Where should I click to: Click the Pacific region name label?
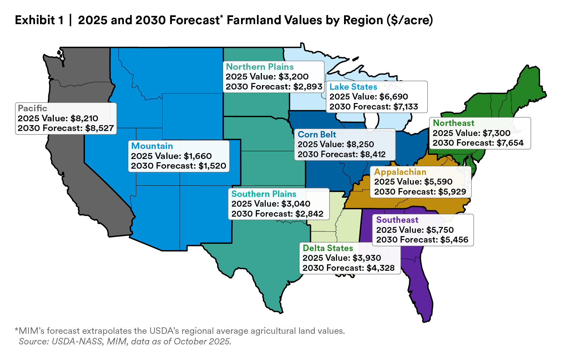tap(32, 108)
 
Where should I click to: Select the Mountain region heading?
tap(152, 146)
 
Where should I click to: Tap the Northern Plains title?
tap(260, 67)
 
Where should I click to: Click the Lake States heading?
tap(353, 87)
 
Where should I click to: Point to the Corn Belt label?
tap(317, 135)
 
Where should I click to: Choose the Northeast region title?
tap(454, 123)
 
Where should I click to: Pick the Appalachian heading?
tap(400, 172)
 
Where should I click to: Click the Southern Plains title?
tap(264, 194)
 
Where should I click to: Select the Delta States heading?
tap(328, 248)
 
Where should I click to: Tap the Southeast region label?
tap(397, 220)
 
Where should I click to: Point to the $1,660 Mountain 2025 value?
tap(198, 156)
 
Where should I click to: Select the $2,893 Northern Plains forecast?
tap(308, 87)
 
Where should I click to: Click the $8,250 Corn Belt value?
tap(360, 144)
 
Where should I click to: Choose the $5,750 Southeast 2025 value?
tap(440, 230)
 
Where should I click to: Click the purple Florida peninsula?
tap(421, 291)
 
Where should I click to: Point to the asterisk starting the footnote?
tap(16, 330)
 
